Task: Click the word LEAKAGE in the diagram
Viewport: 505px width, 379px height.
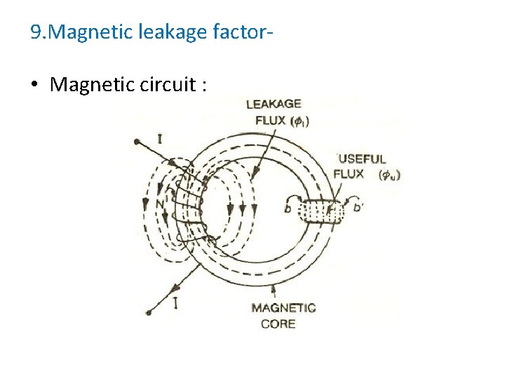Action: pos(274,105)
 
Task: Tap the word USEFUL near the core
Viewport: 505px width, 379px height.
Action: pos(363,159)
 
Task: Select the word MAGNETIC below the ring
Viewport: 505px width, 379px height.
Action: pos(283,308)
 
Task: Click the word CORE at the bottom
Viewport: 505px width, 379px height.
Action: pos(278,324)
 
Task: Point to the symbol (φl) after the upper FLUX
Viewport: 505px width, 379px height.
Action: pos(300,120)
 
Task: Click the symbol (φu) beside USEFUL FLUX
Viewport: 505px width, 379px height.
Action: pos(389,175)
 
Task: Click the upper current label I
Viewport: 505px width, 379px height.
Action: pos(159,138)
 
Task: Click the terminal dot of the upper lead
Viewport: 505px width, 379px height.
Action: pos(136,142)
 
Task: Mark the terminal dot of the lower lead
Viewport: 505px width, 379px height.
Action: pos(147,312)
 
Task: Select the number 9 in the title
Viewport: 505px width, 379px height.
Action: pos(36,32)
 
